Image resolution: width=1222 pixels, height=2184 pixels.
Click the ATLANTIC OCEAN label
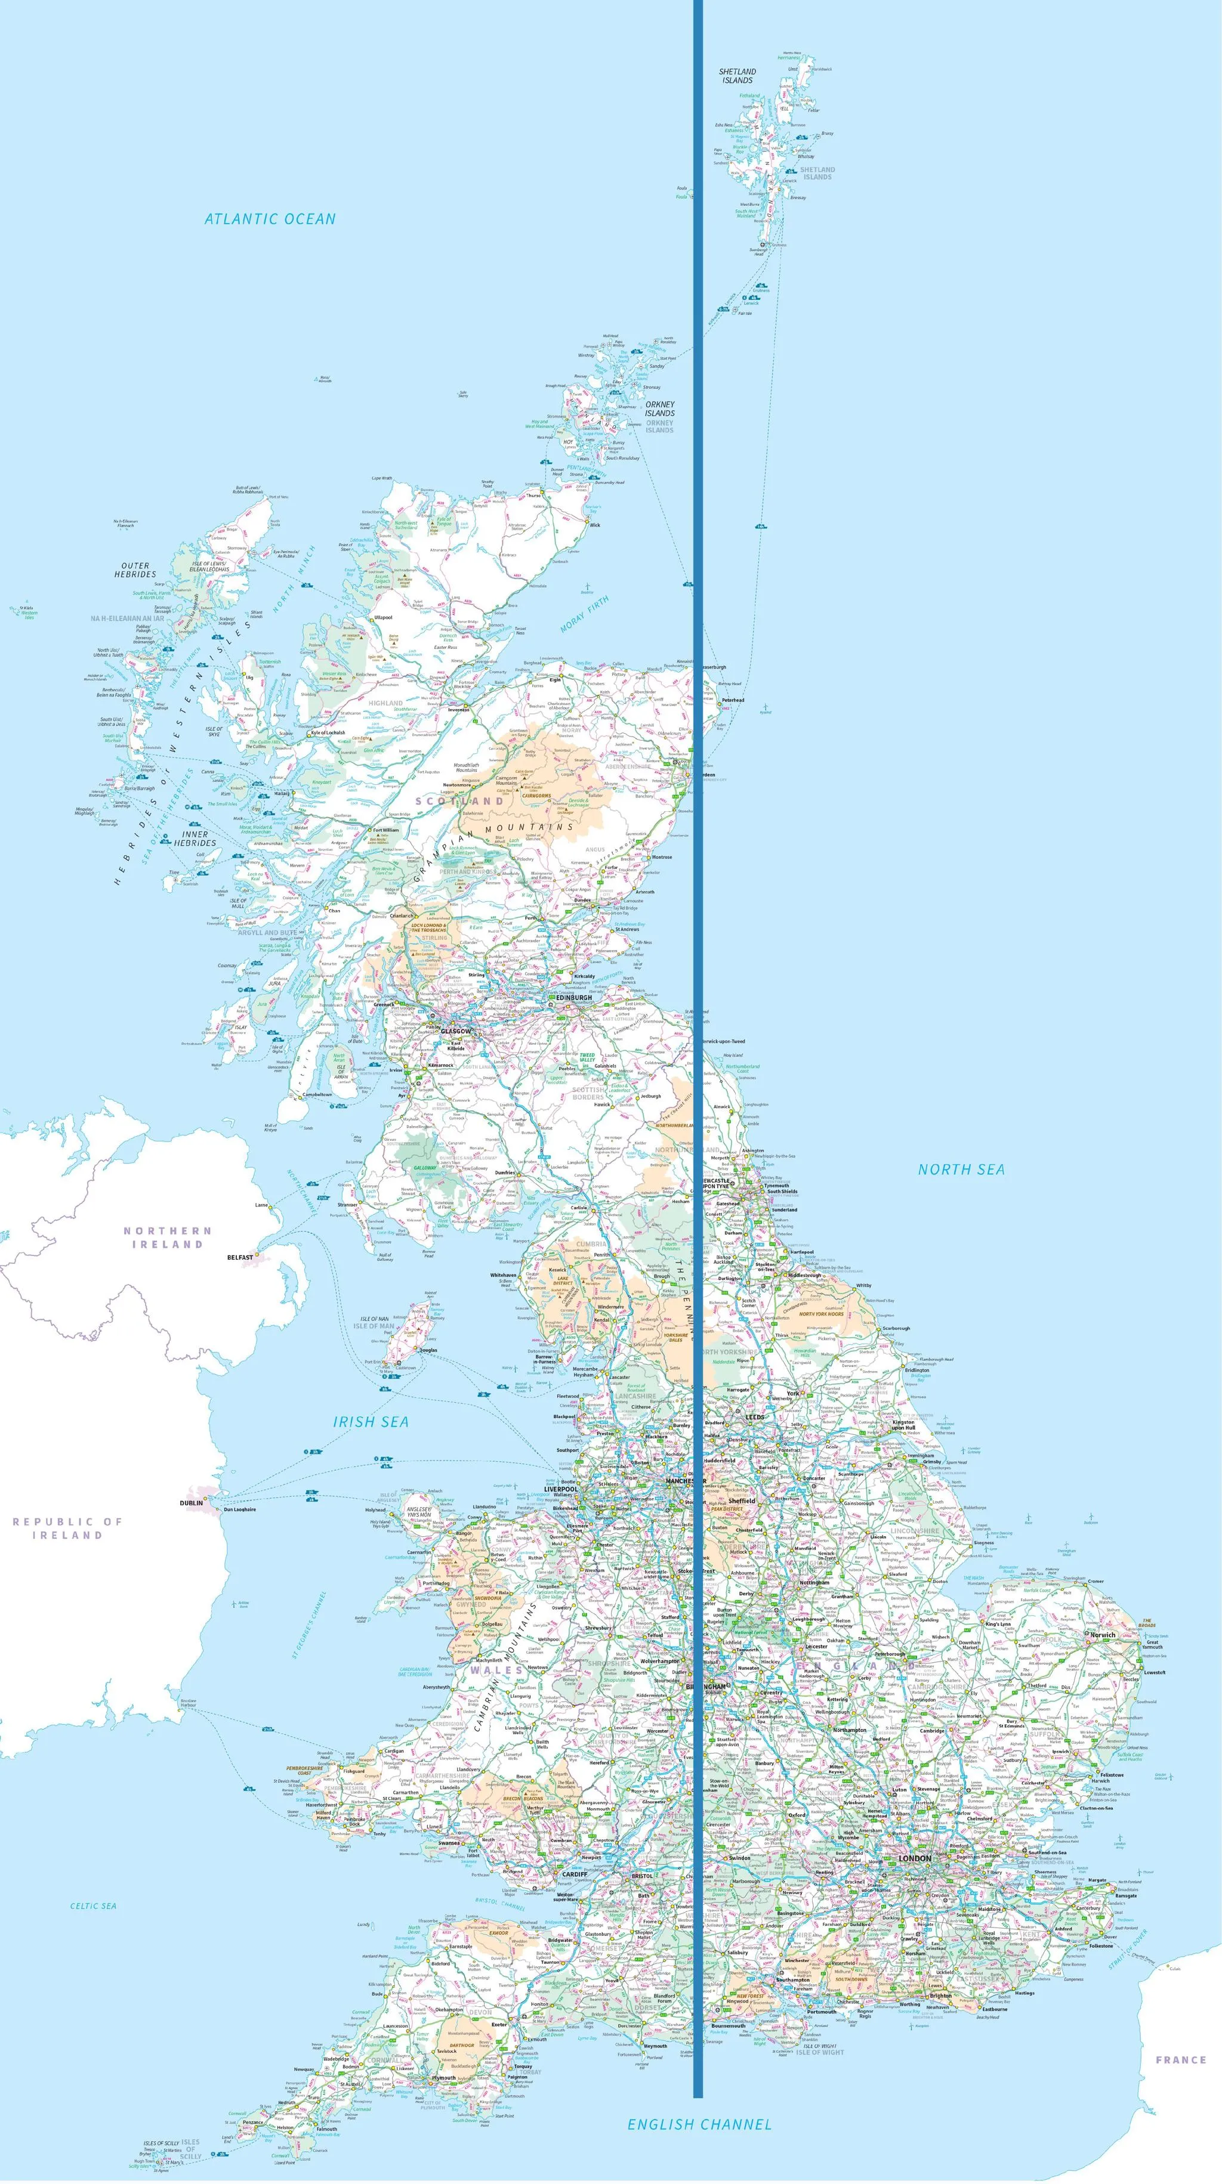pos(270,219)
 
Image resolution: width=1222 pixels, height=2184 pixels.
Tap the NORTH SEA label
pos(961,1169)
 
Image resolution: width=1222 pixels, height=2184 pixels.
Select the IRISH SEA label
pos(371,1422)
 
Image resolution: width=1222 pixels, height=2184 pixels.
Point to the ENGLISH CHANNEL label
pos(700,2124)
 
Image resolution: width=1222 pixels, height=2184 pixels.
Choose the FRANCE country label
pos(1180,2059)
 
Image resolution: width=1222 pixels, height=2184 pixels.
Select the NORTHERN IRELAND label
pos(167,1237)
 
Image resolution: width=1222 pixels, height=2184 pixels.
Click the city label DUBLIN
pos(192,1502)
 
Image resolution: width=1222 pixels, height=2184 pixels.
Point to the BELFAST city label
pos(240,1257)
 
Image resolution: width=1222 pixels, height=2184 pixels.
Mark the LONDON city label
pos(914,1858)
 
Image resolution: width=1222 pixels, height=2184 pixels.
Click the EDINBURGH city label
pos(574,998)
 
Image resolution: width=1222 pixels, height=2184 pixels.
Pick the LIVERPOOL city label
pos(560,1489)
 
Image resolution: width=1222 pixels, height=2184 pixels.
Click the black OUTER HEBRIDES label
pos(135,570)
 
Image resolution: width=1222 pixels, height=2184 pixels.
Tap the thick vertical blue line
pos(698,1102)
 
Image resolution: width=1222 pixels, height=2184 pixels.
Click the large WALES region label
pos(497,1671)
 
